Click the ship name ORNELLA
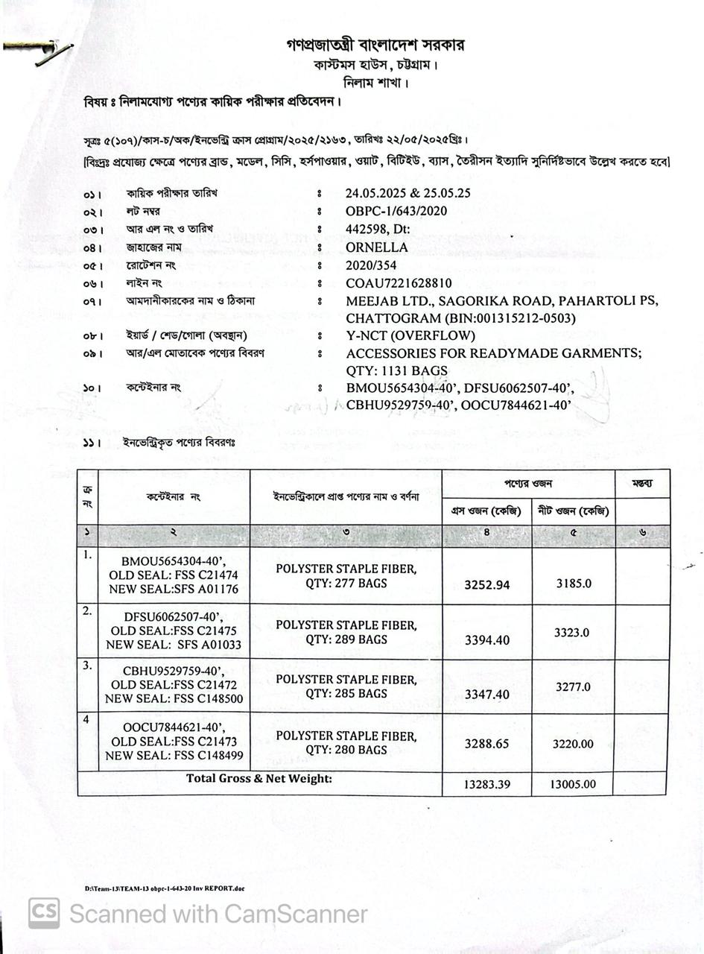(x=377, y=247)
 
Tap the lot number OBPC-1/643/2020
(x=396, y=211)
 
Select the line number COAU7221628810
(x=399, y=283)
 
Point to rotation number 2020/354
(x=371, y=265)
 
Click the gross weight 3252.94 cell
(x=487, y=585)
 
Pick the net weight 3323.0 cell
(x=572, y=633)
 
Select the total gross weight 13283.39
(x=487, y=785)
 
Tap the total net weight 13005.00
(x=574, y=784)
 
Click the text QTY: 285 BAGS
(x=346, y=693)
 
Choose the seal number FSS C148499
(x=200, y=756)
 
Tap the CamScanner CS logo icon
(x=44, y=914)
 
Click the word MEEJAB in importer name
(x=375, y=301)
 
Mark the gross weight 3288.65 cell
(x=487, y=744)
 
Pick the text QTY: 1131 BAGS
(x=397, y=370)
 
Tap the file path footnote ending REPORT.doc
(x=165, y=888)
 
